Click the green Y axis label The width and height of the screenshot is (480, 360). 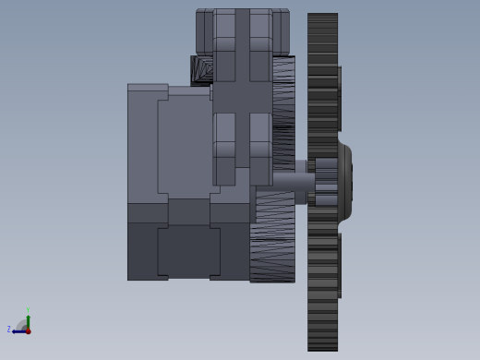[x=29, y=311]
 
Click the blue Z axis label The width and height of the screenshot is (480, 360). [x=9, y=329]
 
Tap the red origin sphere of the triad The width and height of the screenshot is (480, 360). [x=28, y=330]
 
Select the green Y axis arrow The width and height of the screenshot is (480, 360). [x=29, y=320]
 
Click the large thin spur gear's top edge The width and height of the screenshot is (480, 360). [x=322, y=16]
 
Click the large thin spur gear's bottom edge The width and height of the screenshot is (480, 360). [x=322, y=348]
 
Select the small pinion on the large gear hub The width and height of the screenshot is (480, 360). [x=326, y=181]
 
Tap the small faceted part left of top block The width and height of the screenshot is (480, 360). [x=201, y=70]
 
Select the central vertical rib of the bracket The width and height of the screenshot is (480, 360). [x=242, y=102]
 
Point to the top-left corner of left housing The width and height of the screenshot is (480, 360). [x=129, y=86]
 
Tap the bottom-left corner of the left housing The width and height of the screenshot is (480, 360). [x=129, y=279]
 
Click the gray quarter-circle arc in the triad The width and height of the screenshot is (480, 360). [x=21, y=323]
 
